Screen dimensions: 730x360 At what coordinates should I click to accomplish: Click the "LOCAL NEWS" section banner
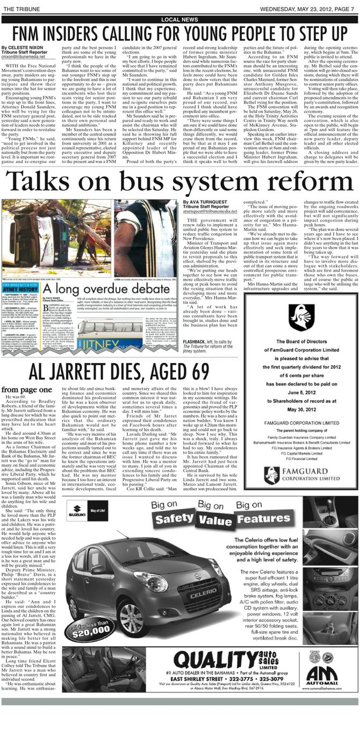click(x=179, y=20)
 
